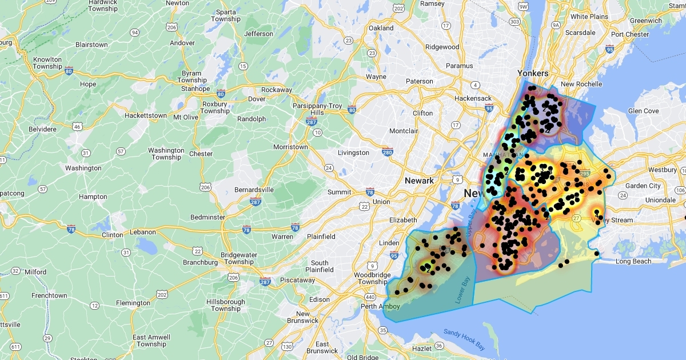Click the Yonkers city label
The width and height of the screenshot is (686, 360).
[533, 73]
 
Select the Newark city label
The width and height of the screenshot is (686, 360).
[419, 181]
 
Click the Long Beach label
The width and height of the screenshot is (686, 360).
[633, 262]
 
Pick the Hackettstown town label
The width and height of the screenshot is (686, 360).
[146, 115]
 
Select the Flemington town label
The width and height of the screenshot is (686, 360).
[133, 303]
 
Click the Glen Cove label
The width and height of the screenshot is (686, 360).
[643, 111]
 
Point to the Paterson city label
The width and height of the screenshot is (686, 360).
[420, 81]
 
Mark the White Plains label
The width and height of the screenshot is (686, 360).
[589, 17]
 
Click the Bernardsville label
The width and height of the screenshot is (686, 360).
[254, 190]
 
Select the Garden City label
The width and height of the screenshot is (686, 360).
[643, 186]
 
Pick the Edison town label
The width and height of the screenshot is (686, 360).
[319, 299]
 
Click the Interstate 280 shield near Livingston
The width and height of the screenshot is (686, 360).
[388, 151]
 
